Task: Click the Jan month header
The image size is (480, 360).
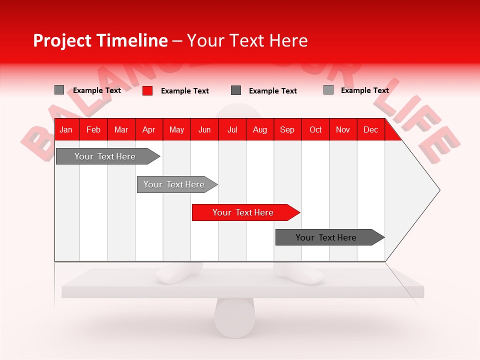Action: (66, 129)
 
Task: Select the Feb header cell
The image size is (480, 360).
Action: (93, 129)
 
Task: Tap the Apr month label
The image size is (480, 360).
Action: (148, 129)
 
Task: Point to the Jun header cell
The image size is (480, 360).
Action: (204, 129)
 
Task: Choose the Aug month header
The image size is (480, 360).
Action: (259, 129)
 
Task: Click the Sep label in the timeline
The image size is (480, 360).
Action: (287, 129)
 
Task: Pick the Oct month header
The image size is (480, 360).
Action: (315, 129)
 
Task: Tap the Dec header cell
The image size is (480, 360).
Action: (370, 129)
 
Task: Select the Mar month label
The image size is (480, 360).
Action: (121, 129)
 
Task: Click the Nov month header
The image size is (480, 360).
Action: (342, 129)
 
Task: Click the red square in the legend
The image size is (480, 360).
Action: (147, 90)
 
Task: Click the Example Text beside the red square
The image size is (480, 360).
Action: (184, 91)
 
